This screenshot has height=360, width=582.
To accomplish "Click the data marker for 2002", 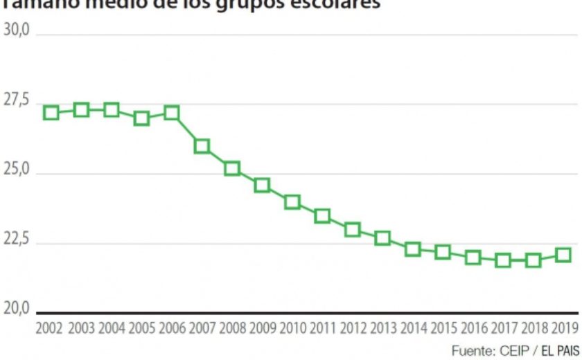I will coord(51,112).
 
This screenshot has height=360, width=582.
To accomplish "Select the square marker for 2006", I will coord(171,112).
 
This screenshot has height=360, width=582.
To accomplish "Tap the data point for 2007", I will coord(202,146).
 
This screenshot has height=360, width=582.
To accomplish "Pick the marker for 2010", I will coord(292,201).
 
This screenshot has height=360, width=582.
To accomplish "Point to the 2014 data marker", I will coord(413,249).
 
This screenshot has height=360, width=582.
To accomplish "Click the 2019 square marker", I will coord(563,255).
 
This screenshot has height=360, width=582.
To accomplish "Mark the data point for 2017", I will coord(503,260).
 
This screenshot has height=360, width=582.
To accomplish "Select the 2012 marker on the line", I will coord(353,229).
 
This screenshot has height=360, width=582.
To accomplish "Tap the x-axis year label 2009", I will coord(262,327).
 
